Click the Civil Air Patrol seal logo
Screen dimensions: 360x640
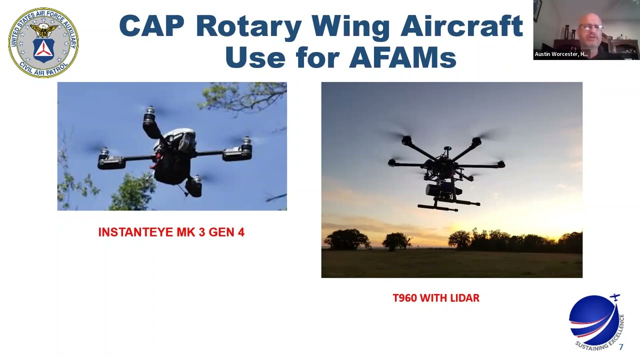[x=43, y=42]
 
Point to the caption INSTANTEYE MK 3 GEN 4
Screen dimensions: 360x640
[x=171, y=232]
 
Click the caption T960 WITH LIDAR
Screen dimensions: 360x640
[x=436, y=298]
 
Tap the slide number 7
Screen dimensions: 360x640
[x=621, y=347]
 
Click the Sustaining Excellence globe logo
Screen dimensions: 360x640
[x=595, y=320]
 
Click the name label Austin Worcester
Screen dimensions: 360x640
[x=561, y=54]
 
